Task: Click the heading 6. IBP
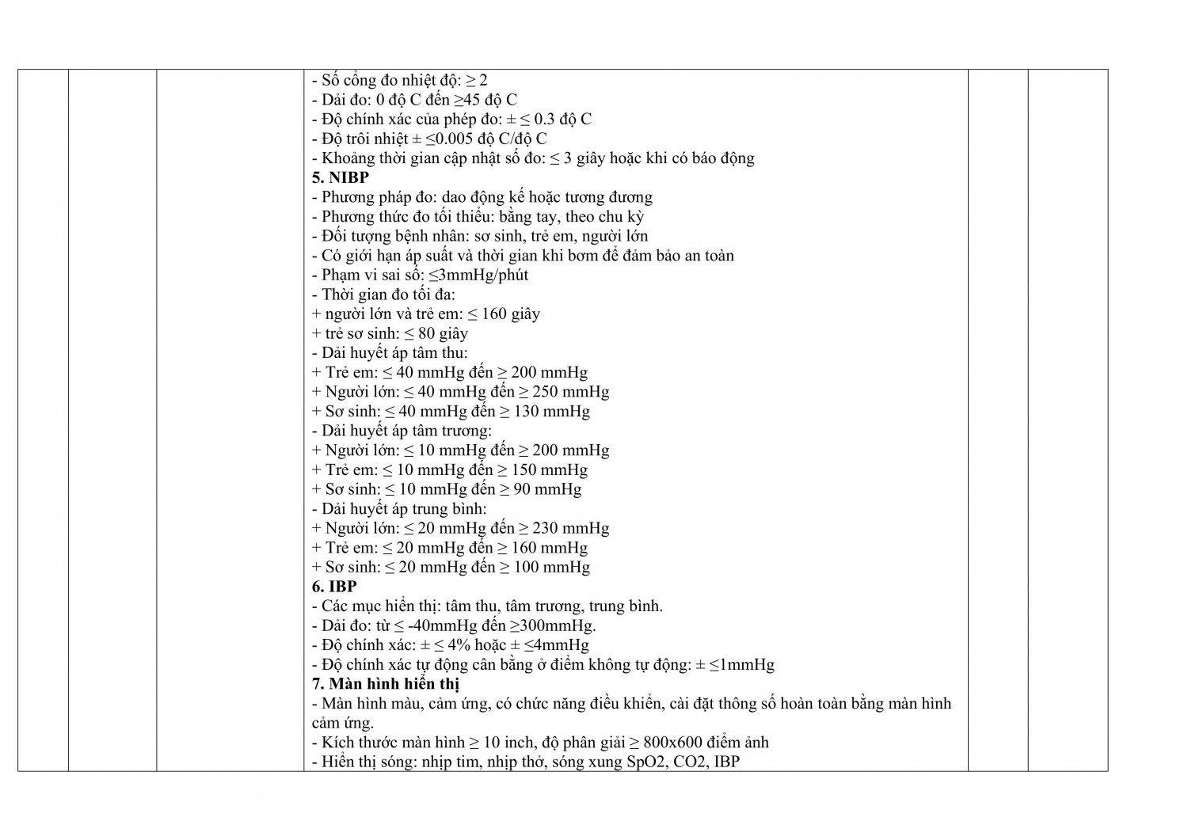click(334, 587)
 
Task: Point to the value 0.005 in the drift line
click(444, 139)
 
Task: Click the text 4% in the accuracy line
click(446, 645)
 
